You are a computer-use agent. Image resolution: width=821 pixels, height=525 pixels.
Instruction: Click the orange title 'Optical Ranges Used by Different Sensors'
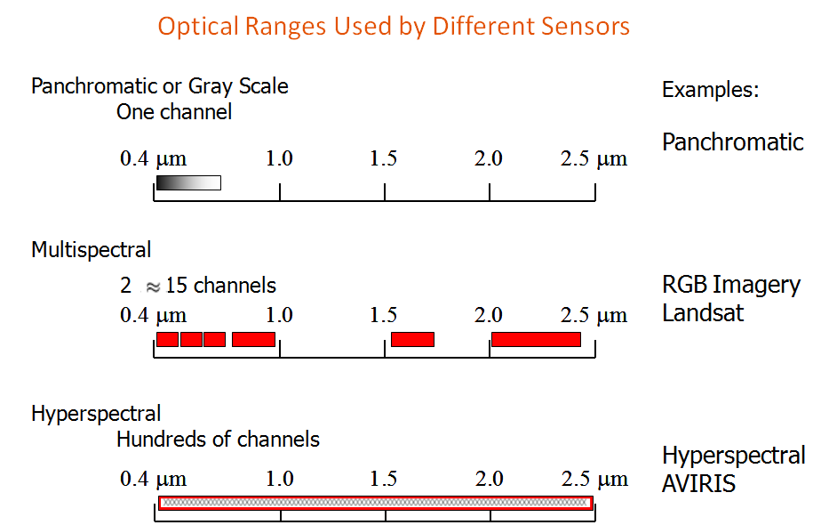[x=394, y=26]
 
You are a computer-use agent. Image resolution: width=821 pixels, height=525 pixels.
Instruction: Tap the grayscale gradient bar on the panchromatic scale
[x=188, y=182]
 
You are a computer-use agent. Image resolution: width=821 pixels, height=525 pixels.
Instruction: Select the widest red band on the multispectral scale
[x=536, y=339]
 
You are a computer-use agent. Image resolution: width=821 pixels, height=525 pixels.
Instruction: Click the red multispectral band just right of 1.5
[x=412, y=339]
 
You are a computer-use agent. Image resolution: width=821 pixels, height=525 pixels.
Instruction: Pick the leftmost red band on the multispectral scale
[x=168, y=339]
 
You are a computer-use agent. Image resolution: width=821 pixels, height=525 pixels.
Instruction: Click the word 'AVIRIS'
[x=698, y=483]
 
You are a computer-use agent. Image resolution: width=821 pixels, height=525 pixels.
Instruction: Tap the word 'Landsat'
[x=703, y=313]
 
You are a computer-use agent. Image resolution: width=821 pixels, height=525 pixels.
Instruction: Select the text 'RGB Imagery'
[x=731, y=286]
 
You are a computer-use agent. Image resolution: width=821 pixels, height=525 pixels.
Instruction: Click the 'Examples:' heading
[x=710, y=90]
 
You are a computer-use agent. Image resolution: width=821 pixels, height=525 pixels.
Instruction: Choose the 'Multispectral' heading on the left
[x=92, y=250]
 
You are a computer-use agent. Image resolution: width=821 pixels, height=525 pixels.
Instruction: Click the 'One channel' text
[x=174, y=112]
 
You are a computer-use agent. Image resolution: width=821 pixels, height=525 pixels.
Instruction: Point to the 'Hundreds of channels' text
[x=218, y=439]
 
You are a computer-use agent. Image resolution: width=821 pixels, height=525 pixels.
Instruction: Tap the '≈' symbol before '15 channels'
[x=152, y=287]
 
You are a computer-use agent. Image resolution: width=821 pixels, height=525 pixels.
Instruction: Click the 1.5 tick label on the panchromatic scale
[x=383, y=158]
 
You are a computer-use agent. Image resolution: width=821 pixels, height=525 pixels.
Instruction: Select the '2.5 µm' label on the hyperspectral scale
[x=594, y=479]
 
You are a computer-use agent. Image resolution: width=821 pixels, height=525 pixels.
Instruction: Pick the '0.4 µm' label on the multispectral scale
[x=153, y=315]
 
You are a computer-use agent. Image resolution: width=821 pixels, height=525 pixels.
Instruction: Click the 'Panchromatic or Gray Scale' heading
[x=160, y=86]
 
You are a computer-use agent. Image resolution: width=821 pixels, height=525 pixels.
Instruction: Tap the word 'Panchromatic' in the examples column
[x=732, y=142]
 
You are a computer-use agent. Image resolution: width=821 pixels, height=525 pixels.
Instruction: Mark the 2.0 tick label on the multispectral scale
[x=489, y=315]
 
